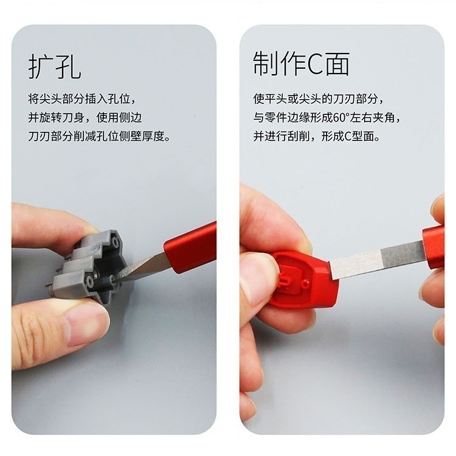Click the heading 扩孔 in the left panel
(x=54, y=66)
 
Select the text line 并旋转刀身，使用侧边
(x=85, y=117)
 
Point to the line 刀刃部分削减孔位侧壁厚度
(x=99, y=136)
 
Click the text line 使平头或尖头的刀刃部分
(x=319, y=98)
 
